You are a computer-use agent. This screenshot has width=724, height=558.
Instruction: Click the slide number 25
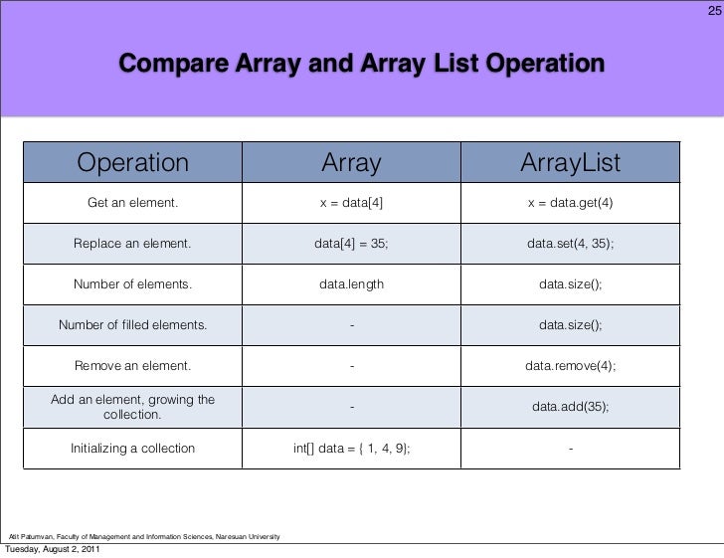pos(713,12)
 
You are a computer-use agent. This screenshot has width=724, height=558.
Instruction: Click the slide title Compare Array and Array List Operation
pos(362,66)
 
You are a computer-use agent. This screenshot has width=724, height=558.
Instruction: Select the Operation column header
pos(133,161)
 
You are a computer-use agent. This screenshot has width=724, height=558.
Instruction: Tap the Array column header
pos(351,161)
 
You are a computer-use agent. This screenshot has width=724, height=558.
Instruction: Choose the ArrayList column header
pos(570,161)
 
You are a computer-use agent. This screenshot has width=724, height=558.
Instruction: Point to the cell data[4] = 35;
pos(351,244)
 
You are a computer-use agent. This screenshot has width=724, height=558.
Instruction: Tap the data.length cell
pos(351,284)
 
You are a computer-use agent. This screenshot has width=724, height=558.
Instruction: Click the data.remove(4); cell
pos(570,366)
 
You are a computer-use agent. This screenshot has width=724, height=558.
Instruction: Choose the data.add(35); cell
pos(570,407)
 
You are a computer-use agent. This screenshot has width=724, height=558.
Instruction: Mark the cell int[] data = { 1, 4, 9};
pos(351,449)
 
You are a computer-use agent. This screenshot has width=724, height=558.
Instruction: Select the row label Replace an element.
pos(133,244)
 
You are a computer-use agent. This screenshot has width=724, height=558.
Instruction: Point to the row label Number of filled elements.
pos(133,325)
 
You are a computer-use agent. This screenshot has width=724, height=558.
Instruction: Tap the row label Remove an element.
pos(133,366)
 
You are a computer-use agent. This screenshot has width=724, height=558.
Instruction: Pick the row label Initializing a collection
pos(133,449)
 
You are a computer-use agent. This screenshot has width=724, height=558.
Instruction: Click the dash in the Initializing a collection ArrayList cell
pos(570,449)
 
